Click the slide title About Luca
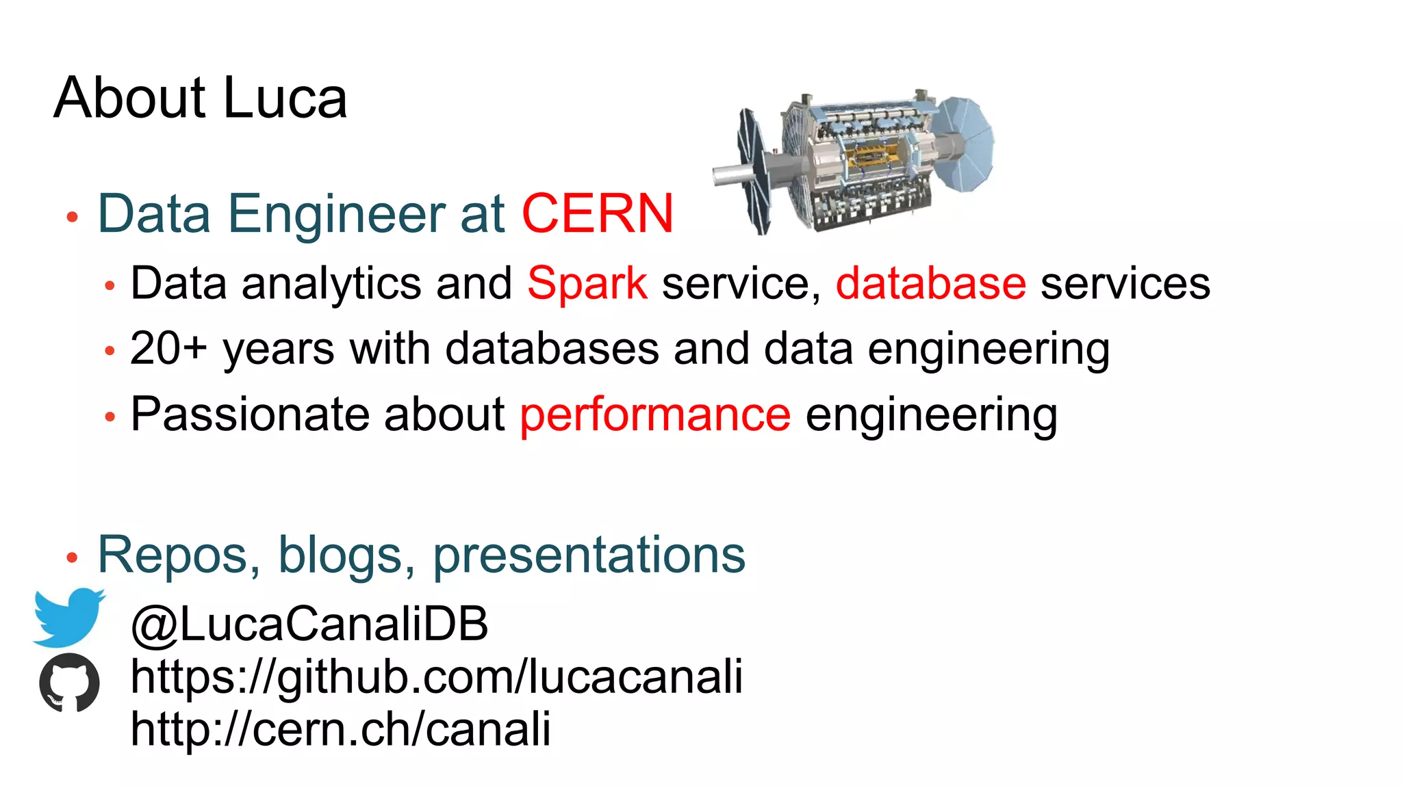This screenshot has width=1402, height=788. (x=201, y=98)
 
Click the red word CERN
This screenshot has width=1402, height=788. (x=598, y=213)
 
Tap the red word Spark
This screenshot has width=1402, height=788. (x=587, y=283)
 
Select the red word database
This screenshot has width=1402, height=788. (x=930, y=283)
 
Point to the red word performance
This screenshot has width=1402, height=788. (x=655, y=415)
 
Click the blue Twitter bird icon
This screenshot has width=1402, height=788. (x=69, y=616)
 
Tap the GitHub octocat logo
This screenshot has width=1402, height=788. (x=69, y=682)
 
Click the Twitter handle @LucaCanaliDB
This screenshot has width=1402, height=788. (x=309, y=623)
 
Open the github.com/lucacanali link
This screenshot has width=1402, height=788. (x=436, y=677)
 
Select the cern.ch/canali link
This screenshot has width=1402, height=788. (x=340, y=728)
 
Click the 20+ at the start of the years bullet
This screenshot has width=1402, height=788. (x=168, y=348)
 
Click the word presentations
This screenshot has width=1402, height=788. (x=589, y=555)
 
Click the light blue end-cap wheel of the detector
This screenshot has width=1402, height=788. (x=965, y=143)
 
